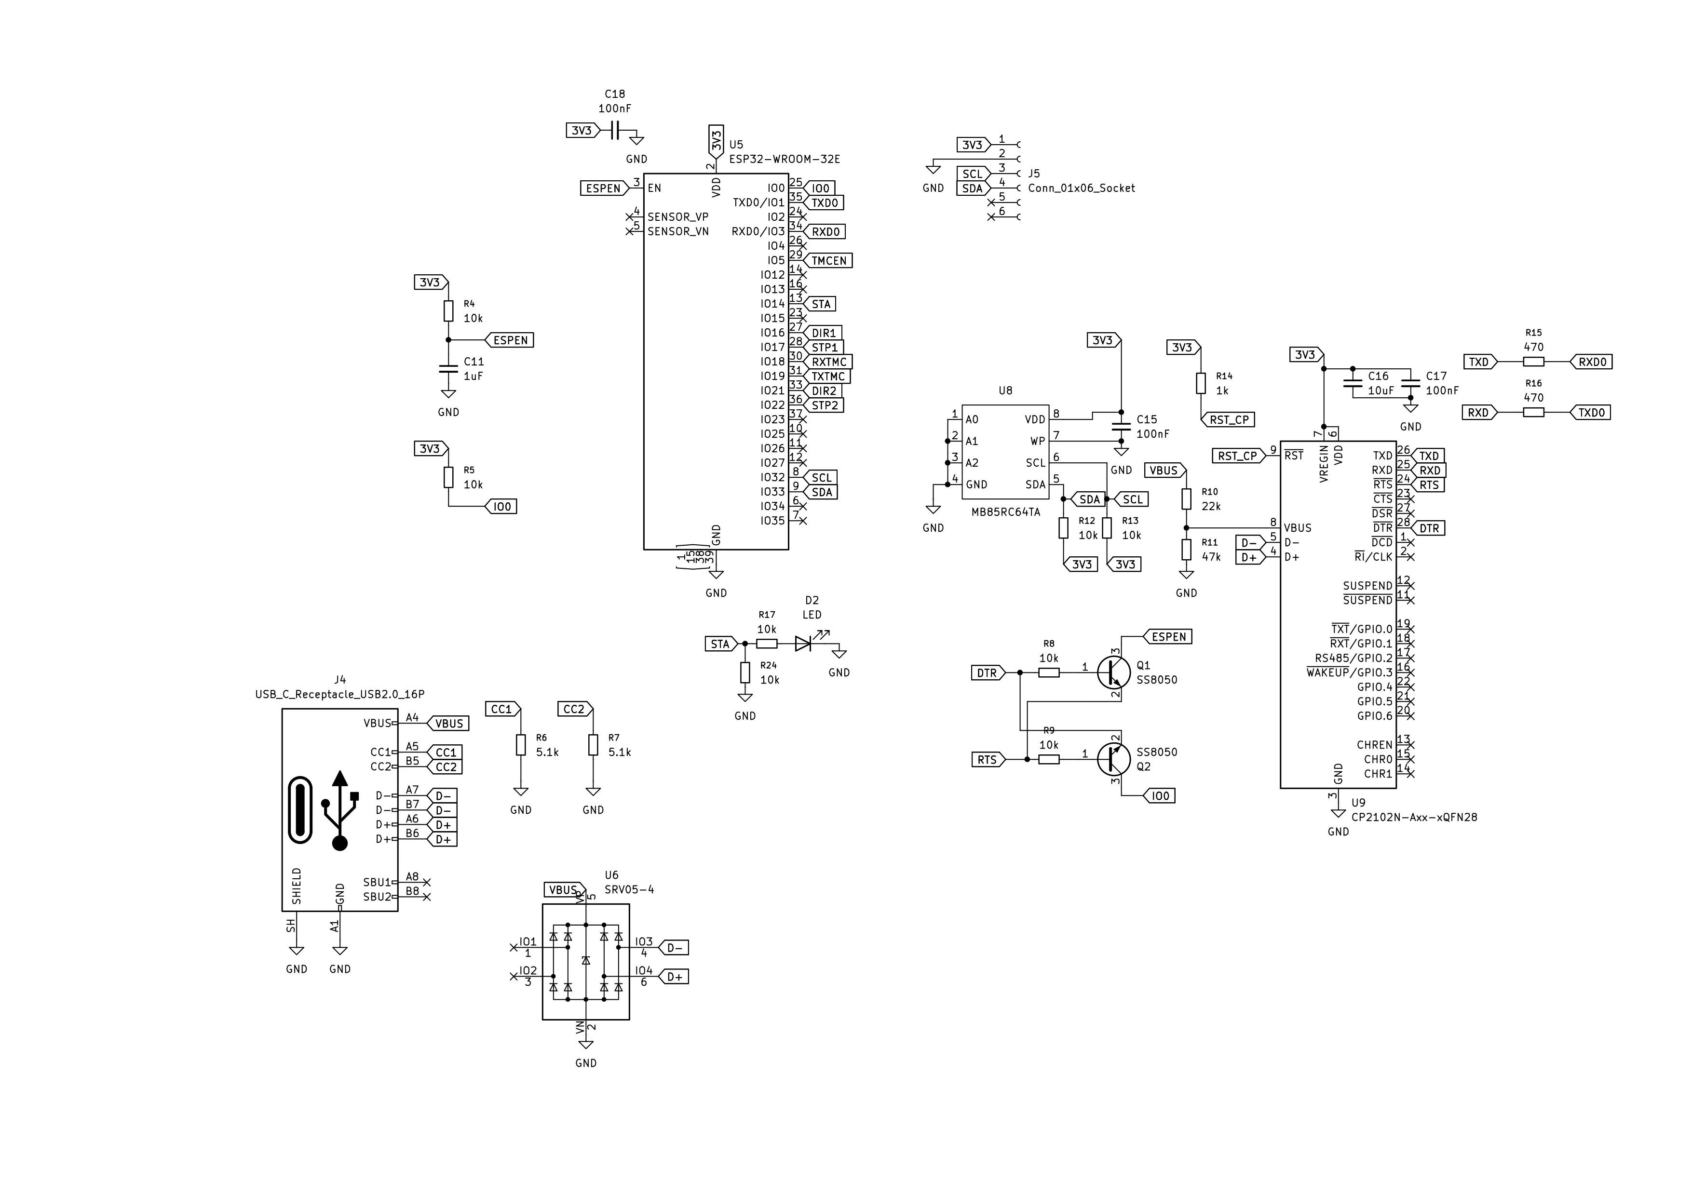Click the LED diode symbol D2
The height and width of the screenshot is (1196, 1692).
[803, 644]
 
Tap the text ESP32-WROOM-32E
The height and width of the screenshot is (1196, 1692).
[784, 159]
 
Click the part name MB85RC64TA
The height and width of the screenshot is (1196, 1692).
[1005, 512]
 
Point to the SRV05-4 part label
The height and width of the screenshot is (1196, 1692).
[629, 889]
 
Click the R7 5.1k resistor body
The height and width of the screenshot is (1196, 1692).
[593, 745]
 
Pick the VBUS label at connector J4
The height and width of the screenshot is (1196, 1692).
[447, 724]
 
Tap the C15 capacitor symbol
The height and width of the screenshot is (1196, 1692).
[1121, 427]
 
